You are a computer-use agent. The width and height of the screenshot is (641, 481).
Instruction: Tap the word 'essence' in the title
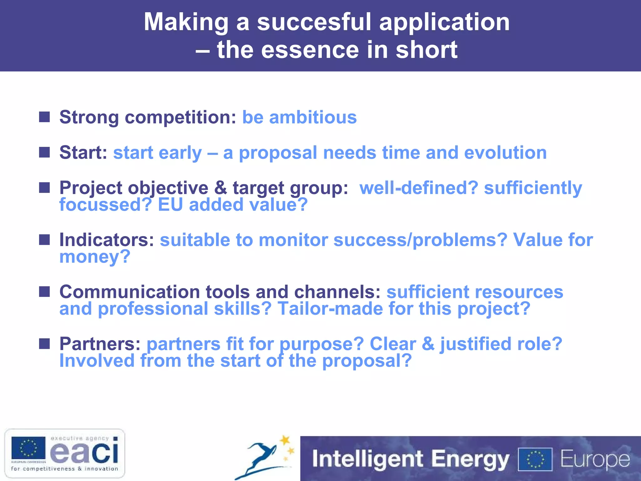(x=310, y=50)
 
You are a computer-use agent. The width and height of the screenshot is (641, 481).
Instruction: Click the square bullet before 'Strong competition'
(x=44, y=117)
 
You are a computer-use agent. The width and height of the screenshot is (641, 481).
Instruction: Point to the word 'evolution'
(x=505, y=153)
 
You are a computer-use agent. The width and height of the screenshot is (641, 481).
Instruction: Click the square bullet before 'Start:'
(x=44, y=153)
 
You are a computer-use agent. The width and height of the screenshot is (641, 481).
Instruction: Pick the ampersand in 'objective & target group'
(x=220, y=188)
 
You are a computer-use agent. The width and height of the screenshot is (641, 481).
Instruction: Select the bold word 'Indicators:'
(x=107, y=240)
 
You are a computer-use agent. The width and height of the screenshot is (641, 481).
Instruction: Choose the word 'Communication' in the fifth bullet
(x=130, y=292)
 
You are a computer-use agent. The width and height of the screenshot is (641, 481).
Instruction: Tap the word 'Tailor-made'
(x=330, y=309)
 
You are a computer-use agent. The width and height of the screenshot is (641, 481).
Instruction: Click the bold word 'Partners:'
(x=100, y=344)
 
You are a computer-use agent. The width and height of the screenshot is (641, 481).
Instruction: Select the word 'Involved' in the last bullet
(x=97, y=361)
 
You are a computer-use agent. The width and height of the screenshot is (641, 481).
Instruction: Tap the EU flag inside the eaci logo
(x=28, y=448)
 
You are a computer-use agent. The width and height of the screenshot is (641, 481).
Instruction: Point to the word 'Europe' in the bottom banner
(x=595, y=459)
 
